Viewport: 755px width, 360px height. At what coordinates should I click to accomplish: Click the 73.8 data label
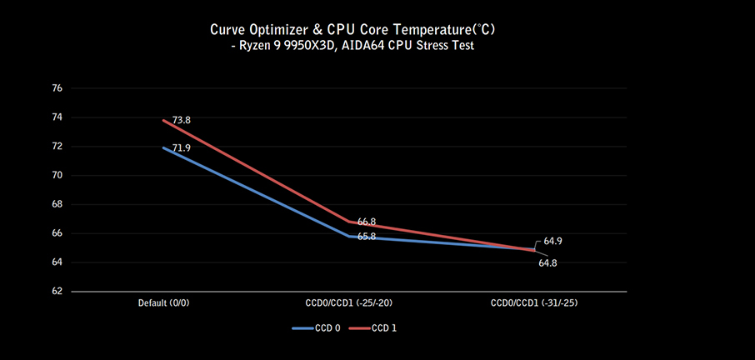182,120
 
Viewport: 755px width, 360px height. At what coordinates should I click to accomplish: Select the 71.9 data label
182,148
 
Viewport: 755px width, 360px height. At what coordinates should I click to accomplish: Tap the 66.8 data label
367,222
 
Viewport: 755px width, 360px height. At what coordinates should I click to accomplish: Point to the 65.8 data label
367,237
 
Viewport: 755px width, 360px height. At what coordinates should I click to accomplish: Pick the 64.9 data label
553,241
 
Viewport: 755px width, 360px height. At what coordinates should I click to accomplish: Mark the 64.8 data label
548,263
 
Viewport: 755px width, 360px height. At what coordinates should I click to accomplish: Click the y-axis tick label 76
57,88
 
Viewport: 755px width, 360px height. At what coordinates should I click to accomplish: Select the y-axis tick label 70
57,176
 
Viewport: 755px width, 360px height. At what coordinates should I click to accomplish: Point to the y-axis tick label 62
57,292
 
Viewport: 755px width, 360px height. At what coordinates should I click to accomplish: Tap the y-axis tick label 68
57,204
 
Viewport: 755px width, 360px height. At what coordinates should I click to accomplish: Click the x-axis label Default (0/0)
163,303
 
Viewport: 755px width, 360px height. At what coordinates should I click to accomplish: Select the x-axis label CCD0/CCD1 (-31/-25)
534,303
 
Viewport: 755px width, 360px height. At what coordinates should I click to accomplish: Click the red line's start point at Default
163,121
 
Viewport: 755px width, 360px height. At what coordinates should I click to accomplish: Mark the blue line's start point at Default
163,148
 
